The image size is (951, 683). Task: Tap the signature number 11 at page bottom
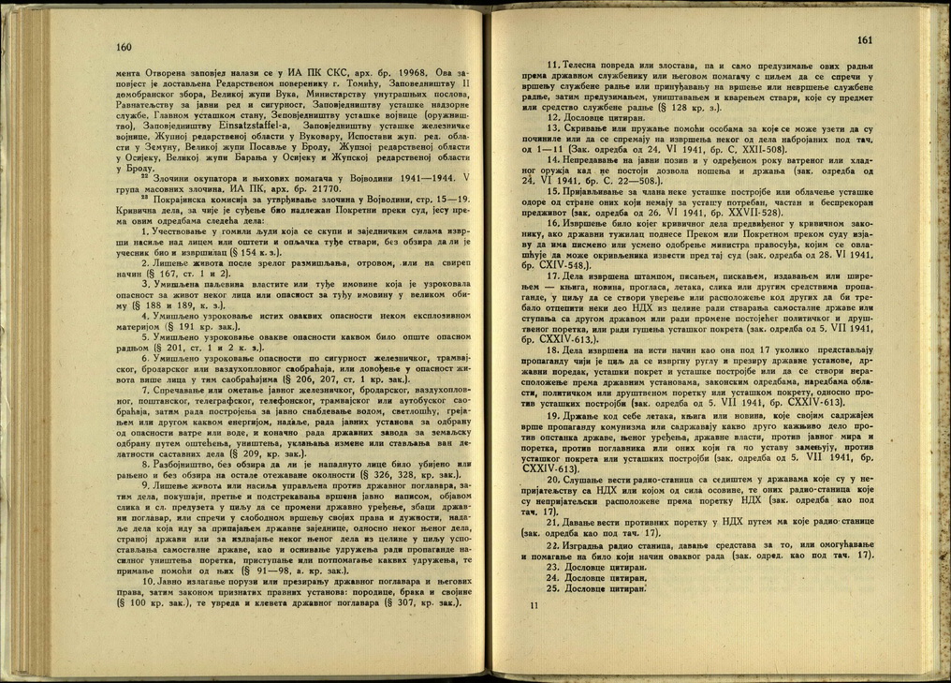point(534,607)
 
